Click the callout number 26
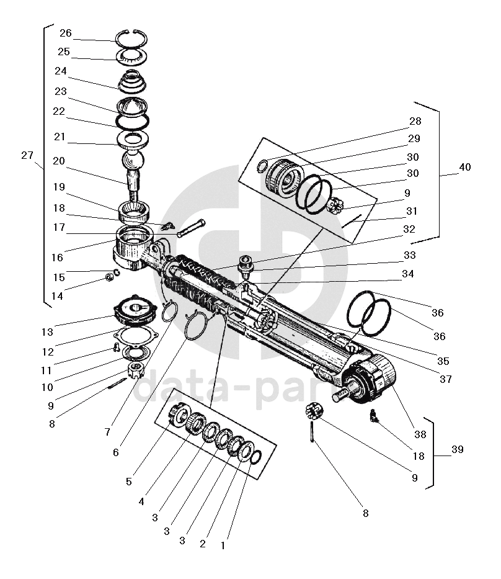[66, 34]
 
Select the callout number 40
[465, 168]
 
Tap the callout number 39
[458, 449]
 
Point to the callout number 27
[27, 155]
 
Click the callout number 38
[420, 434]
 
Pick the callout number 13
[47, 333]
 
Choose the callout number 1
[223, 545]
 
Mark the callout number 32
[409, 230]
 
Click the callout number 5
[129, 482]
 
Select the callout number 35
[443, 361]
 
